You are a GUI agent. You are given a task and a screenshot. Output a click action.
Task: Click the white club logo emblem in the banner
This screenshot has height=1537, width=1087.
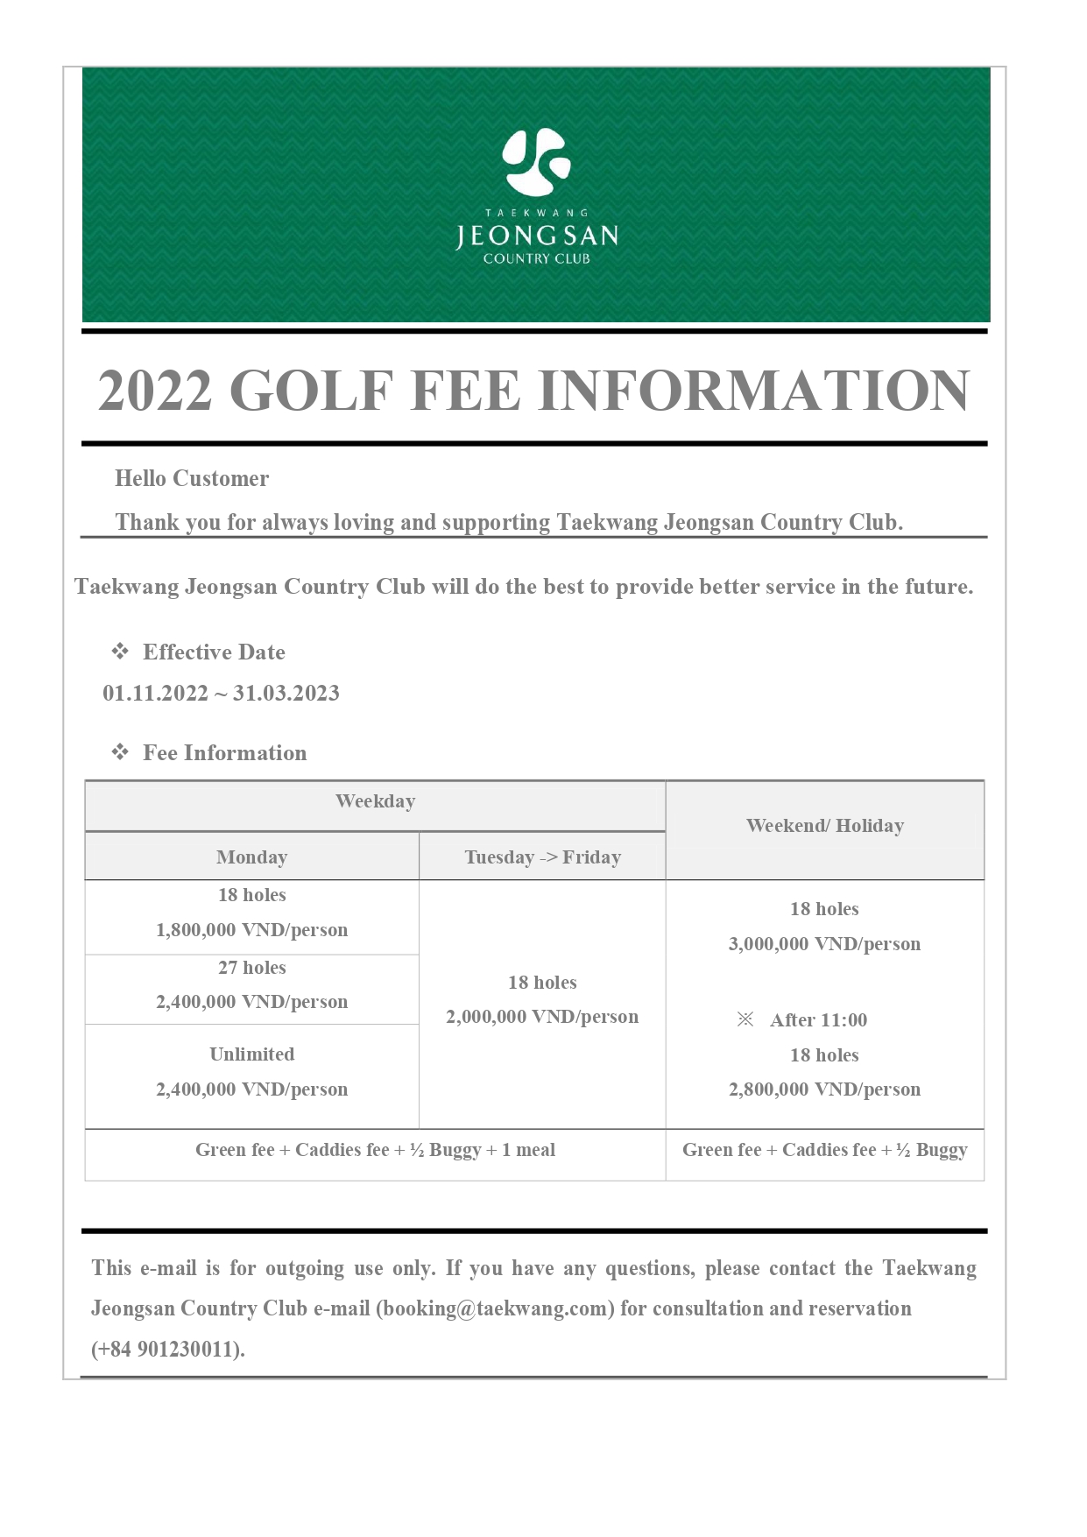(536, 162)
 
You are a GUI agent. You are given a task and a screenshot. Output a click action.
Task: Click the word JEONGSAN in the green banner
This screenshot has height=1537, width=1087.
(536, 236)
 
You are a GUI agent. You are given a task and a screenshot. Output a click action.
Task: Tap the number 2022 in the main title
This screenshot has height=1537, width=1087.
(155, 391)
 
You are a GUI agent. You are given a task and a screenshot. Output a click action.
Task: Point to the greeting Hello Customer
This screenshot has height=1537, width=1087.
(192, 478)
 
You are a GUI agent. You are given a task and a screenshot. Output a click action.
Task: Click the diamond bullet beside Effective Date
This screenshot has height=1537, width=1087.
(120, 652)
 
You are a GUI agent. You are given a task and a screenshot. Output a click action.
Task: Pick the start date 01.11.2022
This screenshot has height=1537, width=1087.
(155, 694)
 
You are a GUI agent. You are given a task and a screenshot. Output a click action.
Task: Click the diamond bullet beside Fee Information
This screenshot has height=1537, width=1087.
(120, 752)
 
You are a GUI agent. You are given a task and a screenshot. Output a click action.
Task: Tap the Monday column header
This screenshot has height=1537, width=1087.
(251, 857)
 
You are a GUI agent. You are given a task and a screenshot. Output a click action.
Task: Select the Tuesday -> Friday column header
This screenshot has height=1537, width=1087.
(542, 857)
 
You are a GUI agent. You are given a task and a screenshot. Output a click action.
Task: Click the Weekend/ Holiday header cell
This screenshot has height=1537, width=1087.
(824, 826)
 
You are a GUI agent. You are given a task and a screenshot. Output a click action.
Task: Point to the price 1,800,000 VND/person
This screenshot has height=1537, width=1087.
(251, 930)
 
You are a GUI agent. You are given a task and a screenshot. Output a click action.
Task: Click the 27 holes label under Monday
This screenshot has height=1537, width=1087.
(251, 968)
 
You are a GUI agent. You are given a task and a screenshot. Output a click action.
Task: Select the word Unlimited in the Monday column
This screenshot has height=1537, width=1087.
(251, 1054)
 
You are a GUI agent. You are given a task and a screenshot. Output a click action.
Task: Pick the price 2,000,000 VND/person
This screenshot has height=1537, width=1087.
(542, 1017)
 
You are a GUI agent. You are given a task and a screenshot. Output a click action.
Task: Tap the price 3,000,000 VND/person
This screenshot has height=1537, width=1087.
(824, 944)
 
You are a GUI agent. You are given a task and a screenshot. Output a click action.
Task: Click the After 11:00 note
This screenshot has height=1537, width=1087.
(818, 1020)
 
